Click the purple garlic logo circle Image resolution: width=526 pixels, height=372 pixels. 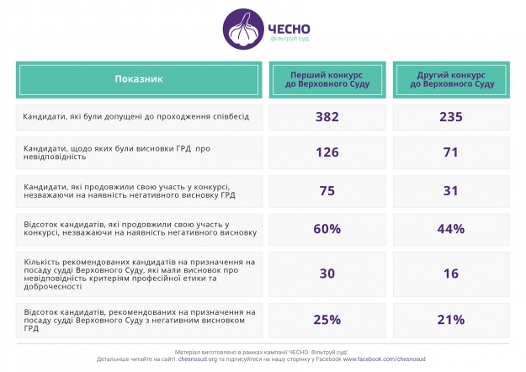point(242,30)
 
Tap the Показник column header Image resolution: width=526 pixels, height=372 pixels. point(139,79)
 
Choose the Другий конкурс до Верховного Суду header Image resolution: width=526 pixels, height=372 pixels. point(451,79)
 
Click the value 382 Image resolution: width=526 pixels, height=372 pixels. point(327,116)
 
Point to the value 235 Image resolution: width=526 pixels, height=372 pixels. point(451,116)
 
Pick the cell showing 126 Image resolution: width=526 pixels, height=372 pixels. point(327,152)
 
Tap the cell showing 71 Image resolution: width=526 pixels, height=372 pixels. point(451,152)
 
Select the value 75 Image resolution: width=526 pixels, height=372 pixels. point(327,190)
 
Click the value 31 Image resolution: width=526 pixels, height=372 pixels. point(451,190)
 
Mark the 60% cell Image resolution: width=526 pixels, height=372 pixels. point(327,229)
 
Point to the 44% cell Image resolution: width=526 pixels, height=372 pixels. point(451,229)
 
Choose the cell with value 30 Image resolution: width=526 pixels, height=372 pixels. point(327,273)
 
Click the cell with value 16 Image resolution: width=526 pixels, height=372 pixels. point(451,273)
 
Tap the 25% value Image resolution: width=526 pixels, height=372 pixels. point(327,319)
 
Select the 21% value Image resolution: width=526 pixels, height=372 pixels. point(451,319)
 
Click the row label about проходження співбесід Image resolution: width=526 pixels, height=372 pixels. point(131,116)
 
